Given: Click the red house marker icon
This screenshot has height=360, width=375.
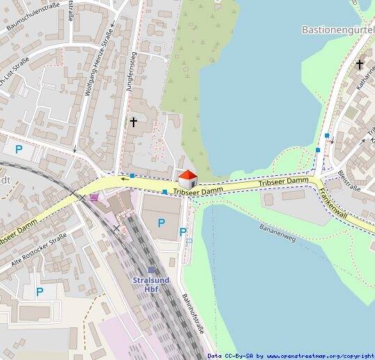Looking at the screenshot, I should click(188, 179).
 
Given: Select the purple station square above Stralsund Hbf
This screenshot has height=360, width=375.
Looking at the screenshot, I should click(152, 270).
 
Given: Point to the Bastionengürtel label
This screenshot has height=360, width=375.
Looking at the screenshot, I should click(338, 30).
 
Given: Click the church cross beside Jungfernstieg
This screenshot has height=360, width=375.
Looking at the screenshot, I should click(134, 122).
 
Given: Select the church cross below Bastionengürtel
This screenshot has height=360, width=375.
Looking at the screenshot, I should click(360, 65).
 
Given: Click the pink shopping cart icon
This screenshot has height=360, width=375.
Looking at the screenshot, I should click(94, 197).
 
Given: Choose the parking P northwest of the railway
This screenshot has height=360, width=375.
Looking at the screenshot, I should click(19, 149).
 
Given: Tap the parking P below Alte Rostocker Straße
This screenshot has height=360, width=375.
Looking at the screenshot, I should click(40, 292).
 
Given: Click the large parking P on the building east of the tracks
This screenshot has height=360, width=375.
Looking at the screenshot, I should click(161, 222).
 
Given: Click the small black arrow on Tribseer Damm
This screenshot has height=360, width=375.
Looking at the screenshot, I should click(124, 179).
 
